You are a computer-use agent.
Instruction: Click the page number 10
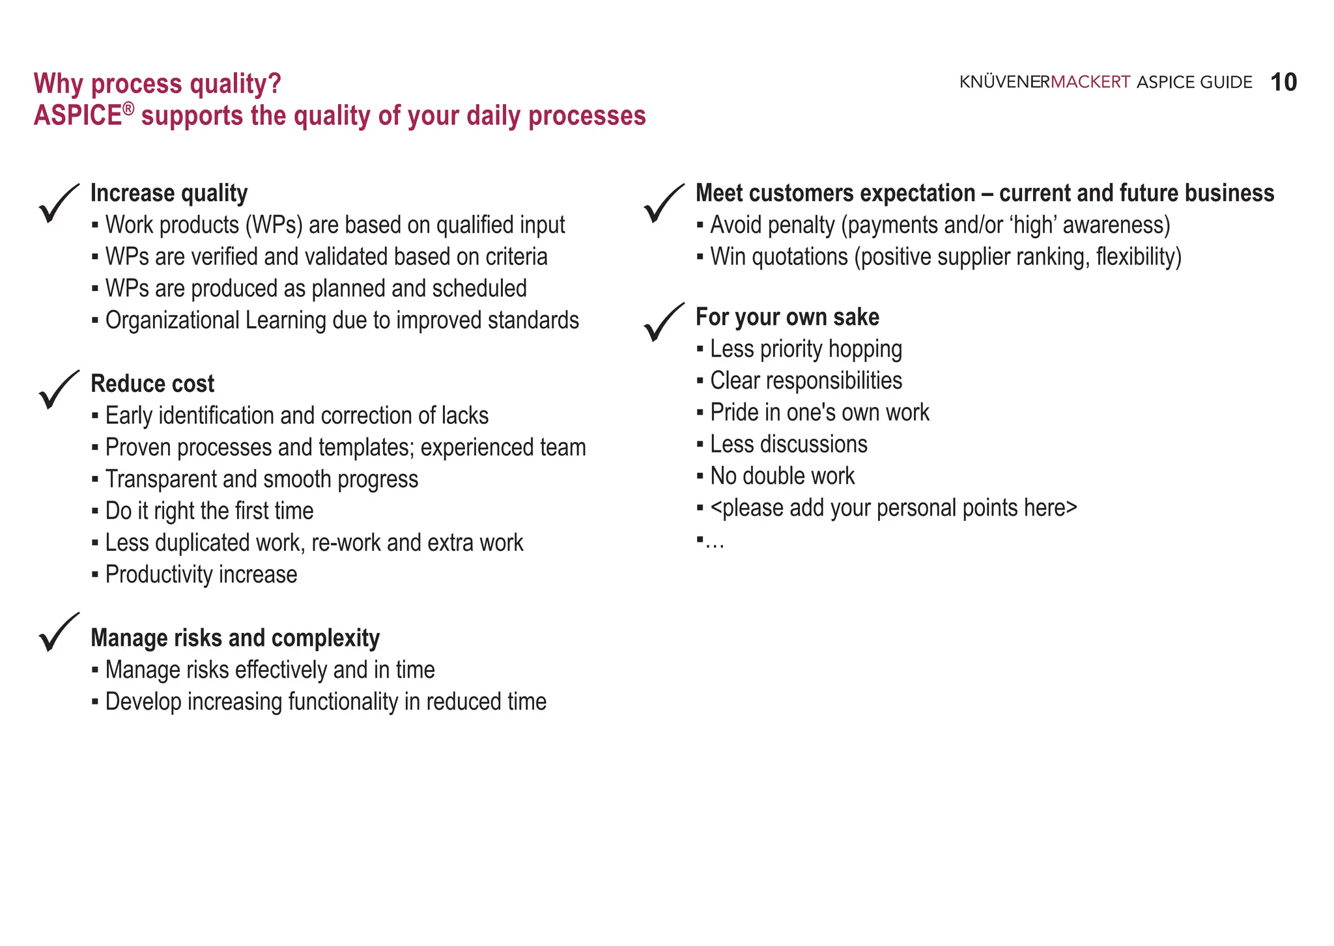tap(1283, 83)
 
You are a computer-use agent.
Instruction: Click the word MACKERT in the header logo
tap(1090, 83)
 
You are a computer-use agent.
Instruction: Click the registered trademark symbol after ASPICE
tap(128, 109)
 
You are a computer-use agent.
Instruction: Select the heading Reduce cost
tap(152, 384)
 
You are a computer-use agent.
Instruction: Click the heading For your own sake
tap(787, 317)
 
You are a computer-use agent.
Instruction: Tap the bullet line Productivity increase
tap(201, 575)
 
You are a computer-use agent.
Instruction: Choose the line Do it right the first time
tap(209, 511)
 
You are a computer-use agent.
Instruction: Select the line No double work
tap(782, 477)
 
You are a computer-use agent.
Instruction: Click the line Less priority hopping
tap(806, 350)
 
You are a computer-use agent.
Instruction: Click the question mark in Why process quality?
tap(274, 84)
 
